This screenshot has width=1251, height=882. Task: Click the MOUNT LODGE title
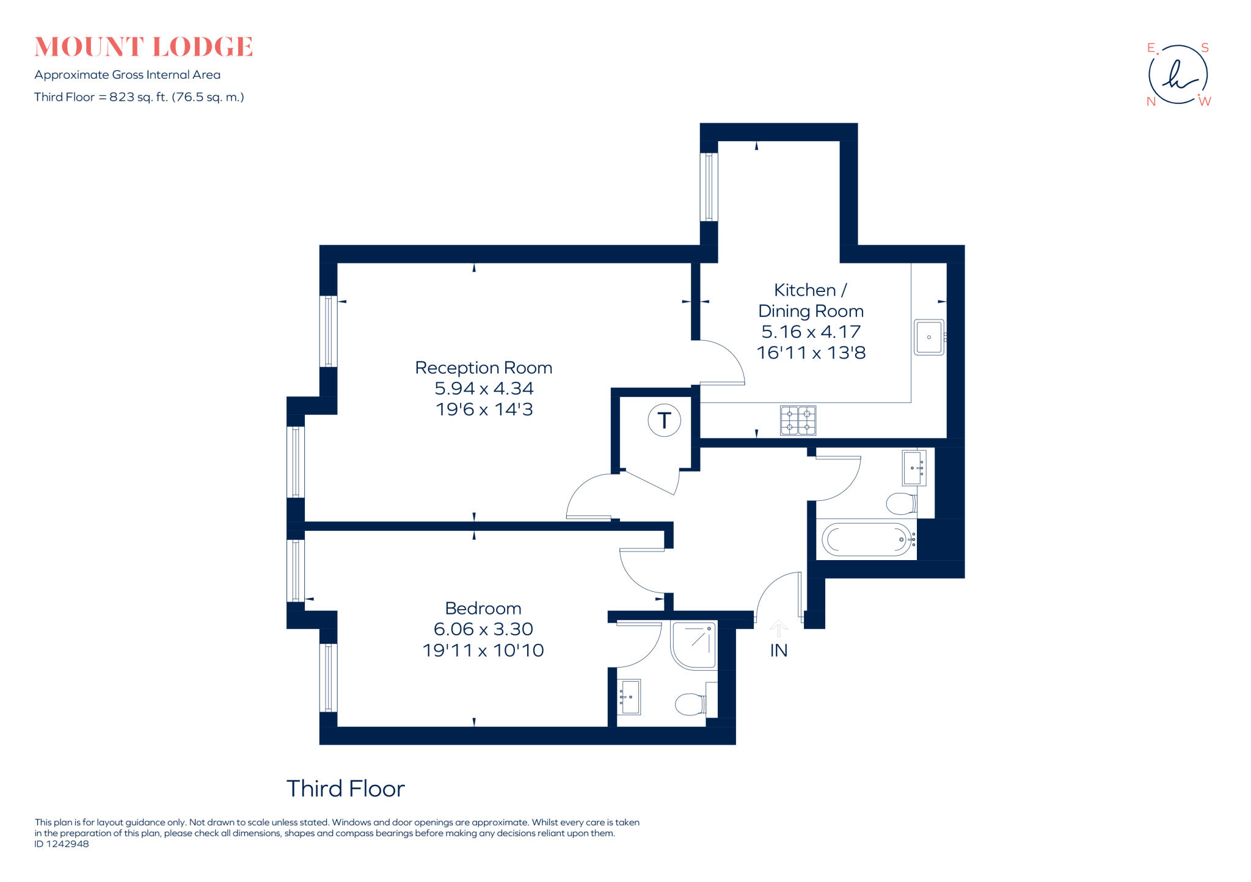144,47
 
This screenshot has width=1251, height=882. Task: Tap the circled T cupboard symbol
664,420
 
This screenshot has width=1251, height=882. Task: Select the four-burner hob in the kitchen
798,421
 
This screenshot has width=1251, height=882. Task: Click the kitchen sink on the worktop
928,337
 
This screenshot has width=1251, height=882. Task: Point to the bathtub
866,539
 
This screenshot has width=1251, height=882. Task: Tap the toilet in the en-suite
690,704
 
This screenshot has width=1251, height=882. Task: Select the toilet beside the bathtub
900,504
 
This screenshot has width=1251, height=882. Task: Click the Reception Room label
483,368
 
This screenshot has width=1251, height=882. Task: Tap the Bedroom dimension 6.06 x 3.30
483,629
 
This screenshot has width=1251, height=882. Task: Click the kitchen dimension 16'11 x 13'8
811,353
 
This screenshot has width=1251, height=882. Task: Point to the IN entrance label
778,651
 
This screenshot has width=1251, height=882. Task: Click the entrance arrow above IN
778,628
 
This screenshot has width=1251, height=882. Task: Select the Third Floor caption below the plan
345,789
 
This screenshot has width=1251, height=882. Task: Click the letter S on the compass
1205,48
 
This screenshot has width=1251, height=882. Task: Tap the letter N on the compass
1151,101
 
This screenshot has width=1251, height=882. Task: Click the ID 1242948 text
62,844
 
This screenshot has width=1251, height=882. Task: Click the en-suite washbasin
629,697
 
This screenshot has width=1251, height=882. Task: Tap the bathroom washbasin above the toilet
913,468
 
